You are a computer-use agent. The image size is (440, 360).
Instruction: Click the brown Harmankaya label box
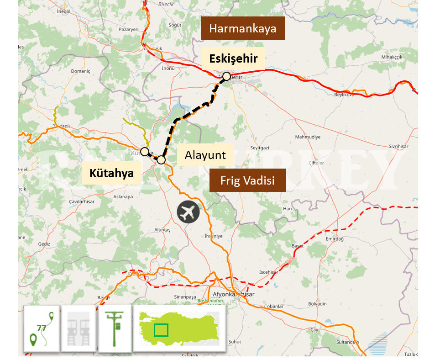(243, 28)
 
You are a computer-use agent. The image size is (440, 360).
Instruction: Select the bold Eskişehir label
(233, 58)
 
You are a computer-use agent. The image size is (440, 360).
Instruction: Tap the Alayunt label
(205, 155)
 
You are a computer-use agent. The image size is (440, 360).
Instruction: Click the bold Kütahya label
(111, 173)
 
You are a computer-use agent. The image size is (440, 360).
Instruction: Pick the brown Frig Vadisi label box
(247, 180)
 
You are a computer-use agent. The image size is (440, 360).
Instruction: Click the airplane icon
(189, 212)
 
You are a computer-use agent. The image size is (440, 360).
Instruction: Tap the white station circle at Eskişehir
(226, 76)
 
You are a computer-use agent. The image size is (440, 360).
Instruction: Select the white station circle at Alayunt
(161, 160)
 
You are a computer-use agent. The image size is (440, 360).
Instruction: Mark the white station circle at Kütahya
(144, 151)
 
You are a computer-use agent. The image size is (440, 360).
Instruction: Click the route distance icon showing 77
(42, 328)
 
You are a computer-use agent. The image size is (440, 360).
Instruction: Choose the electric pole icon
(115, 328)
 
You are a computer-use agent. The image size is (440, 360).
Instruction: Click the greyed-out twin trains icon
(78, 328)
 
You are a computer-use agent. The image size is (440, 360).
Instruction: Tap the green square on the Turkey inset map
(161, 329)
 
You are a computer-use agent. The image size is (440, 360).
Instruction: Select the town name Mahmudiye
(308, 137)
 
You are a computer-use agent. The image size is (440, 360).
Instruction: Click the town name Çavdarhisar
(81, 201)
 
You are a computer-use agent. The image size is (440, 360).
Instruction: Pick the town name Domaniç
(81, 71)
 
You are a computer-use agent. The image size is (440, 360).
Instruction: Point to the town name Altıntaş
(162, 229)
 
